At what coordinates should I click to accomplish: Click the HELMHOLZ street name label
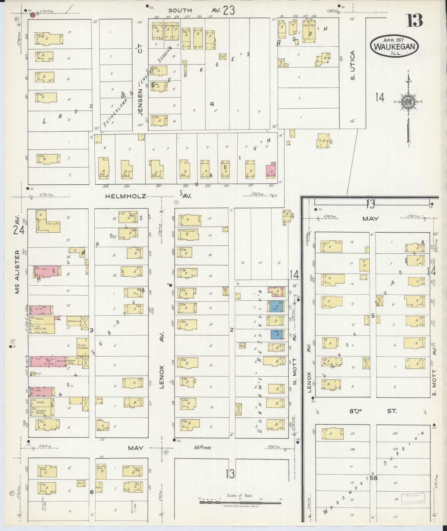[125, 196]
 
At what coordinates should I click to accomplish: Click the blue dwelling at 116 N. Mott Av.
[276, 335]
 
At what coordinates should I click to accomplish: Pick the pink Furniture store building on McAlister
[40, 309]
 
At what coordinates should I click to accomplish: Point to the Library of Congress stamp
[414, 498]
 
